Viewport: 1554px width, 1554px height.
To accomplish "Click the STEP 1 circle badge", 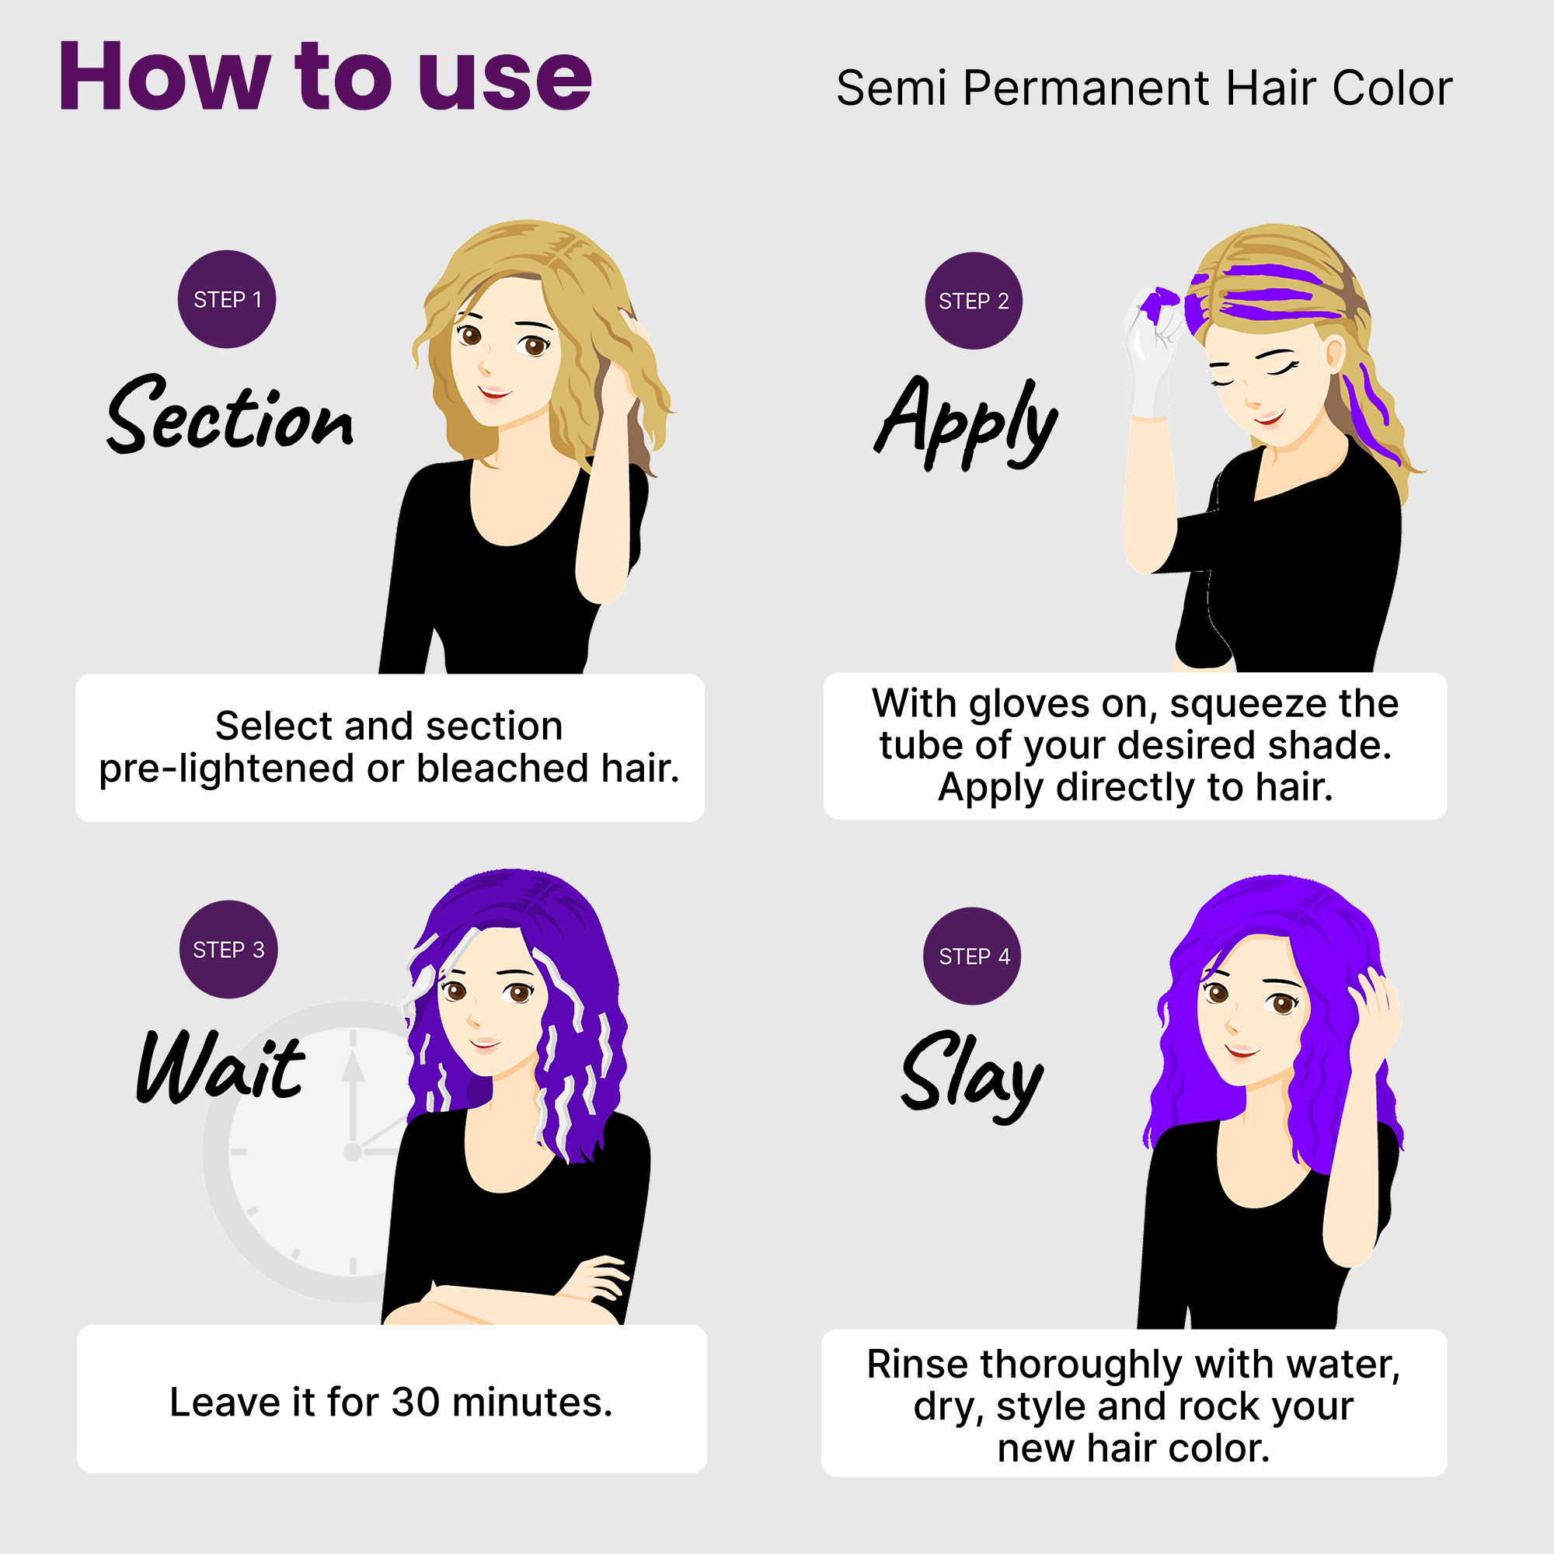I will pyautogui.click(x=227, y=299).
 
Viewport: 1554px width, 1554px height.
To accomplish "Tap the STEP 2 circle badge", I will pyautogui.click(x=974, y=301).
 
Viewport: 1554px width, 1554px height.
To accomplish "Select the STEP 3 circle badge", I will pyautogui.click(x=228, y=949).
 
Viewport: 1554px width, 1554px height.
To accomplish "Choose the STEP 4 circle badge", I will pyautogui.click(x=973, y=956).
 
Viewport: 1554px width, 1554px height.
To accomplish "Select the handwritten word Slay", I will pyautogui.click(x=972, y=1075).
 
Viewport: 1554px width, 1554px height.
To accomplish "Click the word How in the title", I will pyautogui.click(x=164, y=77).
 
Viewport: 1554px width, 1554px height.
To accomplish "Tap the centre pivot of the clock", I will pyautogui.click(x=352, y=1152).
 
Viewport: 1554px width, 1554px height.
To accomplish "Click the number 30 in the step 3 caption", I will pyautogui.click(x=416, y=1402).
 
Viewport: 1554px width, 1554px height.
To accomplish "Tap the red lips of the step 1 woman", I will pyautogui.click(x=494, y=392).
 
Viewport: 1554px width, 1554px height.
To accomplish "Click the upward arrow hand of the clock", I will pyautogui.click(x=353, y=1078).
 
